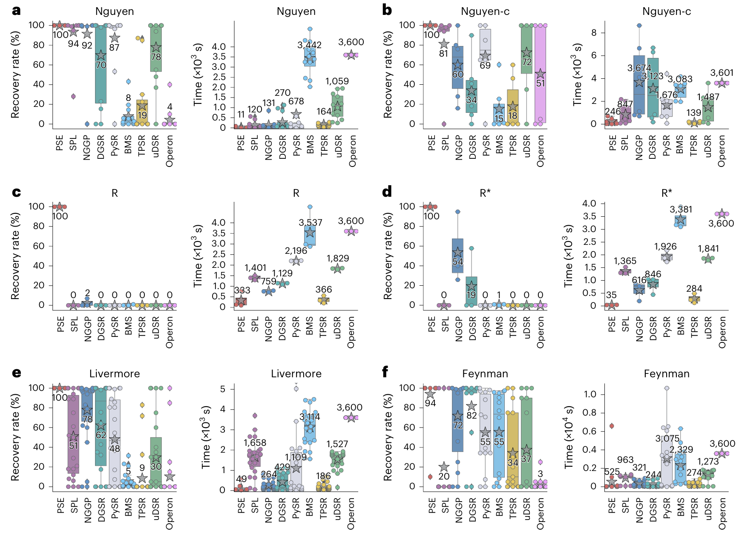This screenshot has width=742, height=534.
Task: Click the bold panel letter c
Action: [16, 192]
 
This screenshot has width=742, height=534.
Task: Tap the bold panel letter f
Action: [385, 373]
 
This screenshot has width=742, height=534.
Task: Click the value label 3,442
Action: [310, 45]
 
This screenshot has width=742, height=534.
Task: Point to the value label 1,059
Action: [337, 81]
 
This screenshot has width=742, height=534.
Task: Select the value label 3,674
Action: [639, 68]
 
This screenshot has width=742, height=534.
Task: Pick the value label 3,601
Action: [722, 73]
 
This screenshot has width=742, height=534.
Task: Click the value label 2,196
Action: [296, 251]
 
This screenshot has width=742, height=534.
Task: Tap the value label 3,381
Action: [681, 209]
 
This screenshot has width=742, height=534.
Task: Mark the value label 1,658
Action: [255, 443]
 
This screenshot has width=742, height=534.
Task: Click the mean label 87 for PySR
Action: [114, 47]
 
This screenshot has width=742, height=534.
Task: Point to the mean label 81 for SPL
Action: [444, 54]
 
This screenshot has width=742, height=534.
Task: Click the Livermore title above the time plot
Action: [296, 373]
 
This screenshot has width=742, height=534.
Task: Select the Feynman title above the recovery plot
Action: [485, 373]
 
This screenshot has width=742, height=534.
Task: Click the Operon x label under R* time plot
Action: [722, 332]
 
